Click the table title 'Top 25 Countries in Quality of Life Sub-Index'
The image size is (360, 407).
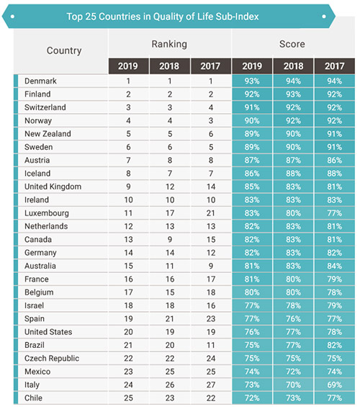click(163, 17)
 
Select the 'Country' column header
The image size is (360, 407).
click(64, 50)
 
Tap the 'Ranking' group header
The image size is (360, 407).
click(169, 44)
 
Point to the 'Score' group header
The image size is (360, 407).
click(292, 44)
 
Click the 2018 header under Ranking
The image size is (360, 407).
click(169, 66)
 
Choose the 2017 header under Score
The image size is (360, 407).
click(335, 66)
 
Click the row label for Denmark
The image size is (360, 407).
click(40, 81)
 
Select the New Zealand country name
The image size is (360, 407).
click(48, 134)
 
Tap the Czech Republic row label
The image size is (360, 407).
click(52, 358)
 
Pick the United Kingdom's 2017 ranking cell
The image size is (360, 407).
click(211, 187)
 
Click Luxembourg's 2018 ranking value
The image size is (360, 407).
click(170, 213)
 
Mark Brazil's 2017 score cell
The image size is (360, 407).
click(335, 345)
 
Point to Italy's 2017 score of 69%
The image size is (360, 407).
click(335, 385)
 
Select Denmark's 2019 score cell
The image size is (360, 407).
click(252, 81)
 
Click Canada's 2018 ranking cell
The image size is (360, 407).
click(170, 239)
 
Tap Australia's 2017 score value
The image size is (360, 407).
click(335, 266)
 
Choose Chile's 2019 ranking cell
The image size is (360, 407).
click(128, 398)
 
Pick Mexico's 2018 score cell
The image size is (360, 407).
click(293, 372)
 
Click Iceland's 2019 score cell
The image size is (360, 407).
click(252, 174)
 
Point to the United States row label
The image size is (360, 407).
click(48, 332)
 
